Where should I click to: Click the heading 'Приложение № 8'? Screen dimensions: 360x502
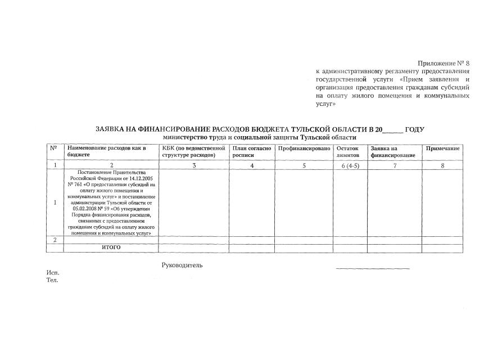(x=443, y=63)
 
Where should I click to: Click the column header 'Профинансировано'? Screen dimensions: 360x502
(x=304, y=148)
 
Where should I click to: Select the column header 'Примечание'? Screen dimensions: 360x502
(x=442, y=148)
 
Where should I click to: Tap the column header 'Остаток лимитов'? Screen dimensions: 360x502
(x=347, y=151)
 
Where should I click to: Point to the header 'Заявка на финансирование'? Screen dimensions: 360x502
(x=392, y=151)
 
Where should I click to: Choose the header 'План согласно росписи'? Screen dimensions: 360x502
(x=251, y=151)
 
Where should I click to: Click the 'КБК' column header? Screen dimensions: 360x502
(x=192, y=151)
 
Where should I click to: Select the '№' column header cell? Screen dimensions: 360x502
(x=54, y=148)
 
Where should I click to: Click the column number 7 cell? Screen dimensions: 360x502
(x=395, y=165)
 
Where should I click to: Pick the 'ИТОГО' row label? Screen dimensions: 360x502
(x=111, y=247)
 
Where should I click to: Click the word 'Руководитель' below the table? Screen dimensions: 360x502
(x=182, y=265)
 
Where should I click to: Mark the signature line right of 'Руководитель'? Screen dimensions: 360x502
(x=373, y=269)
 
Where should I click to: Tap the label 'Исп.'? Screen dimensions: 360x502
(x=52, y=273)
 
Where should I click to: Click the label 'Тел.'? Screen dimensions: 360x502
(x=52, y=280)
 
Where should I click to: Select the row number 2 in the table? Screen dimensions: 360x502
(x=55, y=240)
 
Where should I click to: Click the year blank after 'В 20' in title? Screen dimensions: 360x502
(x=392, y=130)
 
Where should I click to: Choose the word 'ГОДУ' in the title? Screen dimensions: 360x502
(x=415, y=129)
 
